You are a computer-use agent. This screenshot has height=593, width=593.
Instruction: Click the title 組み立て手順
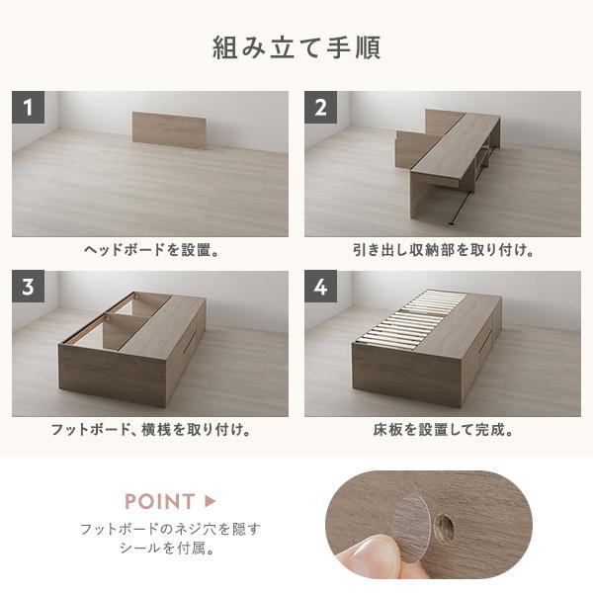pyautogui.click(x=296, y=47)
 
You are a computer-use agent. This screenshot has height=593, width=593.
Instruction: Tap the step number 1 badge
pyautogui.click(x=28, y=107)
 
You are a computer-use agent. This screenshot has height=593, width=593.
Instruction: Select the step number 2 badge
pyautogui.click(x=320, y=107)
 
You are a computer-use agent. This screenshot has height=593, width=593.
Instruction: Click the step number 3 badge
pyautogui.click(x=28, y=287)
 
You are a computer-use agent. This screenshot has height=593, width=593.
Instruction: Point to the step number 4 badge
pyautogui.click(x=320, y=287)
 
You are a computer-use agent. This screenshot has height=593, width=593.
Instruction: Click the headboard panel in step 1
pyautogui.click(x=169, y=130)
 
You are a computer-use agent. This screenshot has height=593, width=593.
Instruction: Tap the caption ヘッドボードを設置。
pyautogui.click(x=151, y=250)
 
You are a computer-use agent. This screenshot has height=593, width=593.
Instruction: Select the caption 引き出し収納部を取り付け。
pyautogui.click(x=443, y=250)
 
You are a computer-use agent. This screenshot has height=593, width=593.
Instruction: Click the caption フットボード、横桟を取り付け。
pyautogui.click(x=150, y=430)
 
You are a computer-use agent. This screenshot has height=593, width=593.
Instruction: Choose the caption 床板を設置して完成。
pyautogui.click(x=443, y=430)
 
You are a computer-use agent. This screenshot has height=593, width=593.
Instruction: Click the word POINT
pyautogui.click(x=159, y=501)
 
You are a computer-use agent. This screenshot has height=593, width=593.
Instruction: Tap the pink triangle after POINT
pyautogui.click(x=210, y=501)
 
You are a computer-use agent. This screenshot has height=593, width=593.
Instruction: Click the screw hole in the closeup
pyautogui.click(x=444, y=526)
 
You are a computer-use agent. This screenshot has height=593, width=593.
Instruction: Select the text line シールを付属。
pyautogui.click(x=167, y=548)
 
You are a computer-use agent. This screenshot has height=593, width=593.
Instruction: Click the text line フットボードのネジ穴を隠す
pyautogui.click(x=170, y=529)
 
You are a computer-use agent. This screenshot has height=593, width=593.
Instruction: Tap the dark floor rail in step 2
pyautogui.click(x=461, y=208)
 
